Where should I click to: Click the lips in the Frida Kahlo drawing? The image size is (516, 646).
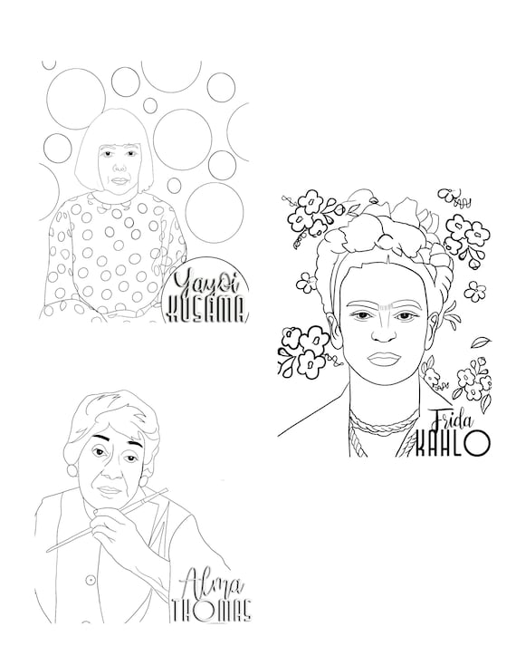(383, 356)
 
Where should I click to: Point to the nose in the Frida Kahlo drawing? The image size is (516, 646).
(383, 331)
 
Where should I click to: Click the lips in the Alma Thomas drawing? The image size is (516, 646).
(108, 489)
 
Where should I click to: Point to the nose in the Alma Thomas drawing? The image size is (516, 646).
(106, 469)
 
